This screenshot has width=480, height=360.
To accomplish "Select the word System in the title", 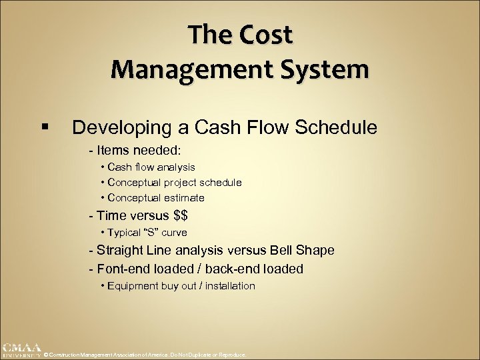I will point(323,68).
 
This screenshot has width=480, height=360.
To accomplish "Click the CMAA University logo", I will point(22,351).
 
